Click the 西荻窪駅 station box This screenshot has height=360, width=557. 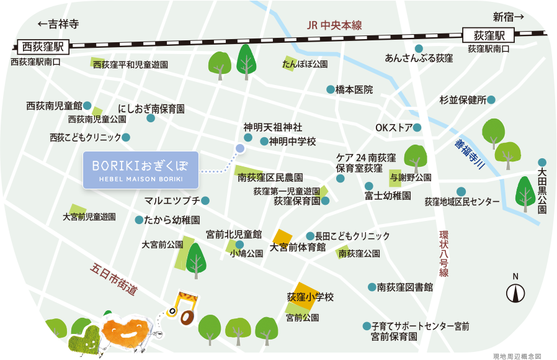[43, 46]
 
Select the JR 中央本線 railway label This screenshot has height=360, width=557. [334, 26]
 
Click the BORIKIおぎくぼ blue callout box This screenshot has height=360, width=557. [141, 169]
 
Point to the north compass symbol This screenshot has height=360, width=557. [515, 291]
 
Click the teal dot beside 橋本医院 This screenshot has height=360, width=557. [331, 89]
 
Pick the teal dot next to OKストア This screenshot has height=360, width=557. [417, 128]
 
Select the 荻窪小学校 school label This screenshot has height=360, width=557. [310, 297]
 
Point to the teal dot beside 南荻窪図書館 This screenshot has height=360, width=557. [372, 287]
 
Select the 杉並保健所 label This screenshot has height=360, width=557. [462, 99]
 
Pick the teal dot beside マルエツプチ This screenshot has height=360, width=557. [205, 200]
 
